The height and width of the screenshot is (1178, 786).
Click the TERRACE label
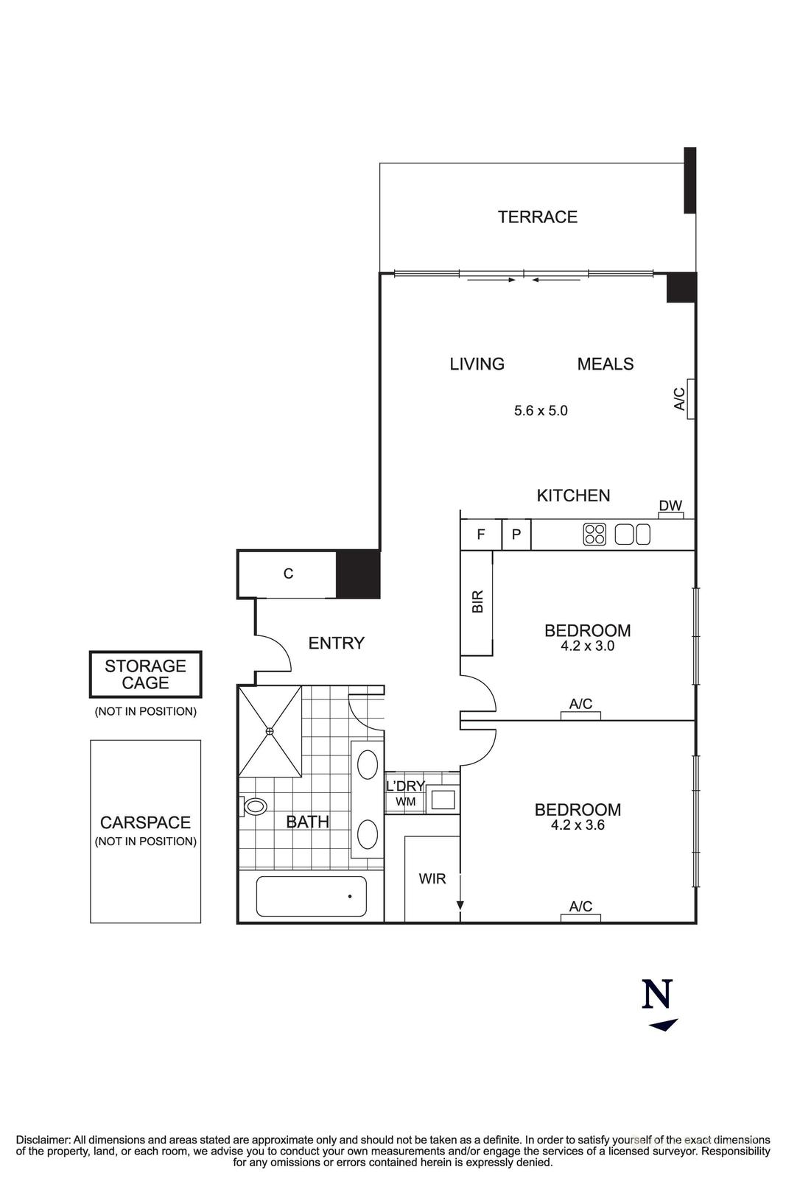point(537,217)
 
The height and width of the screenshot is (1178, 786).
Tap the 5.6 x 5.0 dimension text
point(541,411)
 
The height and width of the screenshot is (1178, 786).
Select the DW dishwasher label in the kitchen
point(670,506)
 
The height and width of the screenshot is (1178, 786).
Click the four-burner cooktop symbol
point(594,535)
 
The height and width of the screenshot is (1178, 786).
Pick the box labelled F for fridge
point(480,535)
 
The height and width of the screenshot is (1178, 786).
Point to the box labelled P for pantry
point(516,535)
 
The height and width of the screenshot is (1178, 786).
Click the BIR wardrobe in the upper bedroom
point(477,602)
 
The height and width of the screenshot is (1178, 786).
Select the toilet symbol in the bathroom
point(254,806)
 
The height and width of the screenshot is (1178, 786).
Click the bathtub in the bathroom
point(311,896)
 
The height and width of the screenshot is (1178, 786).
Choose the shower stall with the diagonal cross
point(270,730)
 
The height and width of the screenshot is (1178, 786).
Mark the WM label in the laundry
point(405,802)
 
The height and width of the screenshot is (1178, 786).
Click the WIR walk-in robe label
point(432,878)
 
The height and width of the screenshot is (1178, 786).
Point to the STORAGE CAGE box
point(145,674)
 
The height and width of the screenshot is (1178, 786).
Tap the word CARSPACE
point(145,822)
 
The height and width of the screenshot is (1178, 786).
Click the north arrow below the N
point(664,1024)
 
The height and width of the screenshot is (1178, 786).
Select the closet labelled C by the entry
point(287,574)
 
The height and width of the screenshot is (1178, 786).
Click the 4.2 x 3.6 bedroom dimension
point(578,825)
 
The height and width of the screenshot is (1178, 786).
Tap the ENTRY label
point(336,643)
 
